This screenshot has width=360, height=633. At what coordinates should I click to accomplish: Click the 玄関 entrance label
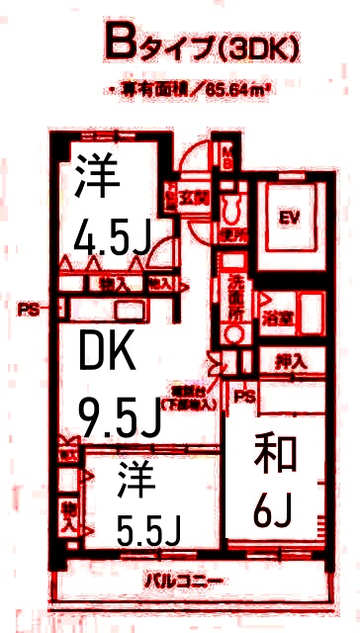[x=189, y=197]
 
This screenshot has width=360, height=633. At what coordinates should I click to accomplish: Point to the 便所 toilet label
[x=234, y=236]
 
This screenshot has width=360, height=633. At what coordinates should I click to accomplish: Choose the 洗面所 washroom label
[x=235, y=294]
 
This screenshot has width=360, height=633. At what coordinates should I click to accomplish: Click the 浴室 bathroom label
[x=276, y=318]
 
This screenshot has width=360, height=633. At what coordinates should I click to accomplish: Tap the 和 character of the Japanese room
[x=271, y=457]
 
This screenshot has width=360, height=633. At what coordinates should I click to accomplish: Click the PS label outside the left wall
[x=26, y=309]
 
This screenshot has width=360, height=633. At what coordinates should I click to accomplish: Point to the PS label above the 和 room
[x=243, y=398]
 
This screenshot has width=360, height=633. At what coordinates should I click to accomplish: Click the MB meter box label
[x=226, y=157]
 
